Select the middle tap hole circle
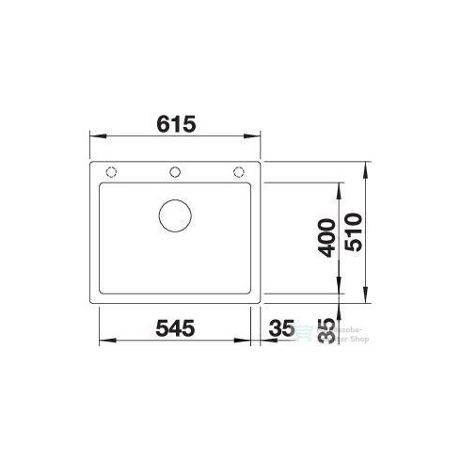(174, 171)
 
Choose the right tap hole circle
(239, 171)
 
